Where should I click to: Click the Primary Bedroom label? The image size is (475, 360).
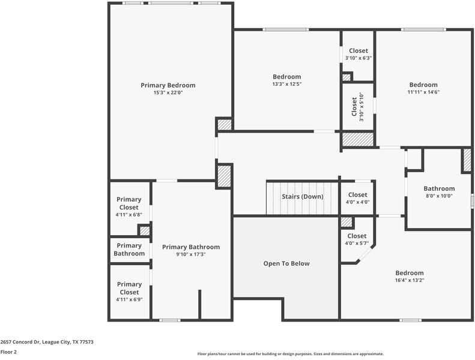click(168, 85)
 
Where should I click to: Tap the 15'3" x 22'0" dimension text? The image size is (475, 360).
click(168, 92)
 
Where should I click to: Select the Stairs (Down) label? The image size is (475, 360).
click(302, 197)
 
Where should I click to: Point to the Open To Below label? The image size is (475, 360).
click(286, 264)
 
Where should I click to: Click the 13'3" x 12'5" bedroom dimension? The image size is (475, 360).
click(286, 84)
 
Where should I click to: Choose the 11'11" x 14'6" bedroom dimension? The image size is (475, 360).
click(423, 92)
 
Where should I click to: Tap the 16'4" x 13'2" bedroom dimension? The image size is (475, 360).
click(410, 280)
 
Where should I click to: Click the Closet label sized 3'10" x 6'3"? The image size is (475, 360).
click(359, 51)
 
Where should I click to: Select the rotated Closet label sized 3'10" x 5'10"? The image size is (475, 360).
click(354, 107)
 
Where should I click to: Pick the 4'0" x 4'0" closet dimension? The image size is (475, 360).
click(357, 202)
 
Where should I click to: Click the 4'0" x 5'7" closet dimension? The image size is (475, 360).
click(357, 243)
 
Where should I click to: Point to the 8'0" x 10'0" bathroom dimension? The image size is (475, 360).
click(439, 196)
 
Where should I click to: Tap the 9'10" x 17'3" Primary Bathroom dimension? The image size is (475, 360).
click(191, 254)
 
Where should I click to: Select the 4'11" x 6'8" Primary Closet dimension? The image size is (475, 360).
click(129, 215)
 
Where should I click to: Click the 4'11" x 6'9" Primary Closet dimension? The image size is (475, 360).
click(129, 299)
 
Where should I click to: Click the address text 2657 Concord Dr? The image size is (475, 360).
click(20, 342)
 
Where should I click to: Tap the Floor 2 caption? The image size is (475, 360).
click(8, 352)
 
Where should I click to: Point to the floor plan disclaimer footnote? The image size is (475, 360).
click(291, 353)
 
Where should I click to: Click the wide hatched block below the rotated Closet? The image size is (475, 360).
click(358, 139)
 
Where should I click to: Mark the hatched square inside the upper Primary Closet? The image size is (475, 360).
click(145, 231)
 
